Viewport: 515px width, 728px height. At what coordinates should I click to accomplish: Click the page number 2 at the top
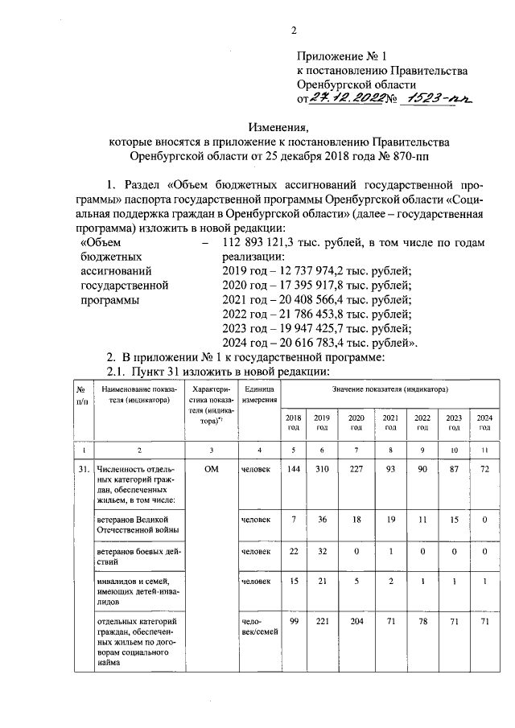point(294,31)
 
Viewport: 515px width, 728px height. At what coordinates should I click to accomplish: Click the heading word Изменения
point(278,126)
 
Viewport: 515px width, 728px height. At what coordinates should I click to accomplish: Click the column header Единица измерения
point(260,393)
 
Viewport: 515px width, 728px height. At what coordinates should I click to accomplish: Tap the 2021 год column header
point(389,422)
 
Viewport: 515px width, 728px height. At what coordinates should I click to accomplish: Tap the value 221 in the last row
point(322,622)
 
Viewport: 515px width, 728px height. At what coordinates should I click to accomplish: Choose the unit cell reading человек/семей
point(260,627)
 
